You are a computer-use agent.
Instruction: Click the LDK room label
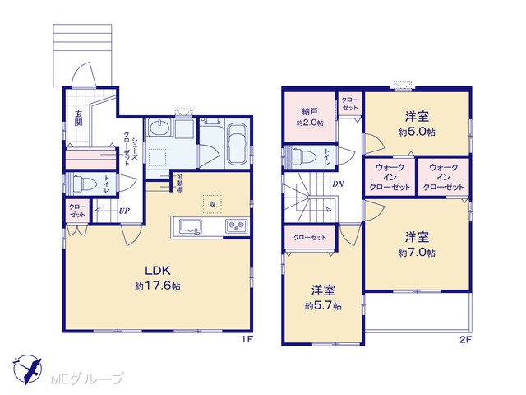158,271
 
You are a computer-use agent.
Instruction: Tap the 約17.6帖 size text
158,286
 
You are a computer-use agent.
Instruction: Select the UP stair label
124,211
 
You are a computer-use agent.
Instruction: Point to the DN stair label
338,184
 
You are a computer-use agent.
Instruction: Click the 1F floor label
247,339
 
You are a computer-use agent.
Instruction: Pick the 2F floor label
466,339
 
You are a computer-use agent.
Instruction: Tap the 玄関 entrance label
78,118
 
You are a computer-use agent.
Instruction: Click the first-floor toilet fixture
82,184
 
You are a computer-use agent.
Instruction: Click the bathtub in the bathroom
238,144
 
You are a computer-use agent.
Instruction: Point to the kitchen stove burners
237,225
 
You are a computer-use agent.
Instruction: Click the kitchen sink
190,227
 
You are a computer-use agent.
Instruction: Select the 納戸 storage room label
310,111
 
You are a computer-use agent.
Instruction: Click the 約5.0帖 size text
417,132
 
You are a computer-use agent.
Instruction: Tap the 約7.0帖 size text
417,253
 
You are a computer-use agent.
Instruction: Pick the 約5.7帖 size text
323,306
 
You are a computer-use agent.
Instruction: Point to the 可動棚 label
180,184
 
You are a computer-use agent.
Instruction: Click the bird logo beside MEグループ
27,369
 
